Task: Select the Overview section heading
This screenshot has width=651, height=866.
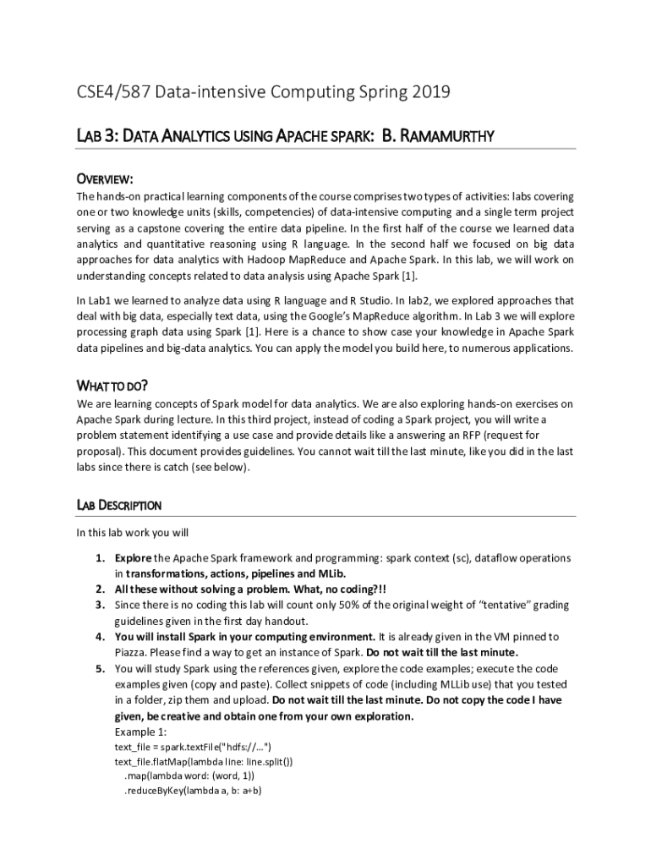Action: click(105, 179)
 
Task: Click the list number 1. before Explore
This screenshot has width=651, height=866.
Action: click(100, 558)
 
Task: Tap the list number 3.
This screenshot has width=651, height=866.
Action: click(100, 605)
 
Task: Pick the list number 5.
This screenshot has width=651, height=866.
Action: click(100, 667)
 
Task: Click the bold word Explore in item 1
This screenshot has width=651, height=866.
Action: click(134, 558)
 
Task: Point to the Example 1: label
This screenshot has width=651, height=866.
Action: click(140, 732)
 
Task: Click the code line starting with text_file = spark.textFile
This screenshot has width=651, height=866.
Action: click(193, 748)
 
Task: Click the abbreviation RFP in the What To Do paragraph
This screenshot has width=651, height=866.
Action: click(474, 435)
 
